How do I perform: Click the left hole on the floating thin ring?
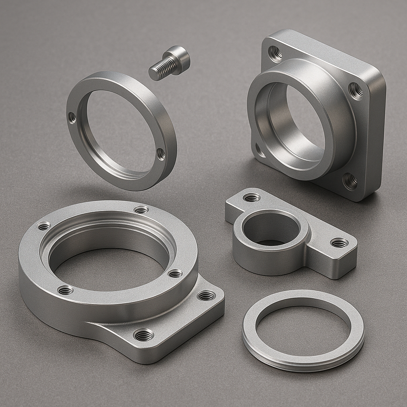click(72, 117)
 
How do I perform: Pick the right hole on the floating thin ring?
click(161, 153)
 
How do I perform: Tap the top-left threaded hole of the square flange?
click(275, 53)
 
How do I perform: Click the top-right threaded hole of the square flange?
click(356, 91)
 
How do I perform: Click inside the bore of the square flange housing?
click(294, 123)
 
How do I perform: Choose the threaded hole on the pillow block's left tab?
click(251, 197)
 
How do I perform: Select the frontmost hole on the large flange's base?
click(143, 335)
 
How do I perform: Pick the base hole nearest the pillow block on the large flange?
click(206, 295)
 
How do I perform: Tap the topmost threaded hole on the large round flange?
click(141, 209)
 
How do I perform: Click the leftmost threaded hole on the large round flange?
click(44, 226)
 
